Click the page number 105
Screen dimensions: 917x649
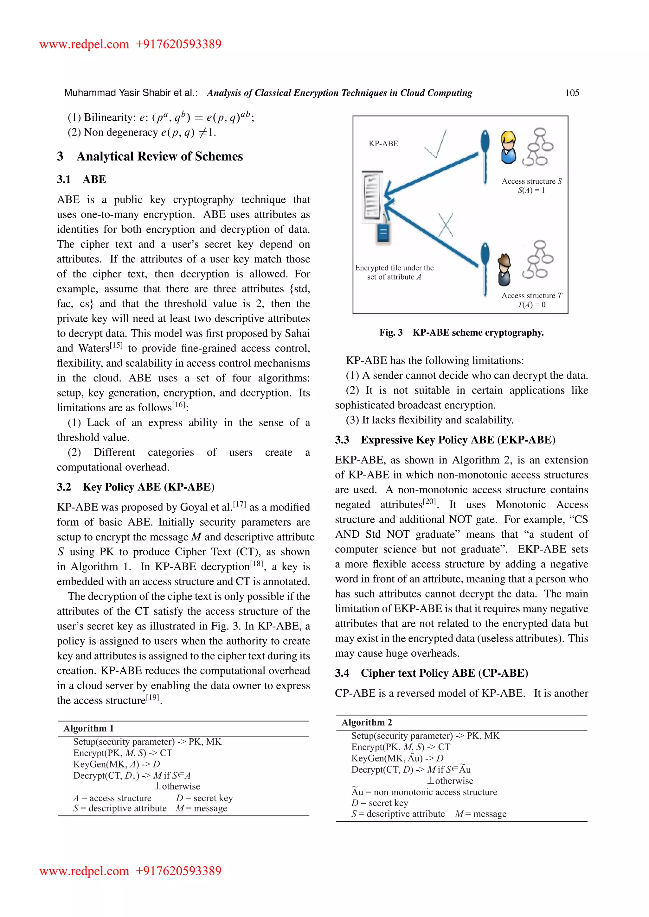(x=572, y=93)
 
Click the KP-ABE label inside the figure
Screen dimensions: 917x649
(x=383, y=144)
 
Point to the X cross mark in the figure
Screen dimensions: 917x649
(x=446, y=225)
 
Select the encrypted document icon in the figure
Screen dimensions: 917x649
(x=372, y=196)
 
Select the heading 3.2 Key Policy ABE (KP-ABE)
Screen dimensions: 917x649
(x=136, y=487)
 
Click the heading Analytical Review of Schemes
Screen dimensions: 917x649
(x=159, y=156)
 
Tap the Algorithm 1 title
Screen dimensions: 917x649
(x=88, y=728)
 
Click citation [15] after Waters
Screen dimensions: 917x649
(x=116, y=345)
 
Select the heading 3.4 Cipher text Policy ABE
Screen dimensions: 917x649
(x=432, y=673)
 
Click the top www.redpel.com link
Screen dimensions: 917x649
(x=84, y=44)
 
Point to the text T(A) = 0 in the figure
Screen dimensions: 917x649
(x=531, y=305)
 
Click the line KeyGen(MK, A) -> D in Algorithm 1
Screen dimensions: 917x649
(x=116, y=764)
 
